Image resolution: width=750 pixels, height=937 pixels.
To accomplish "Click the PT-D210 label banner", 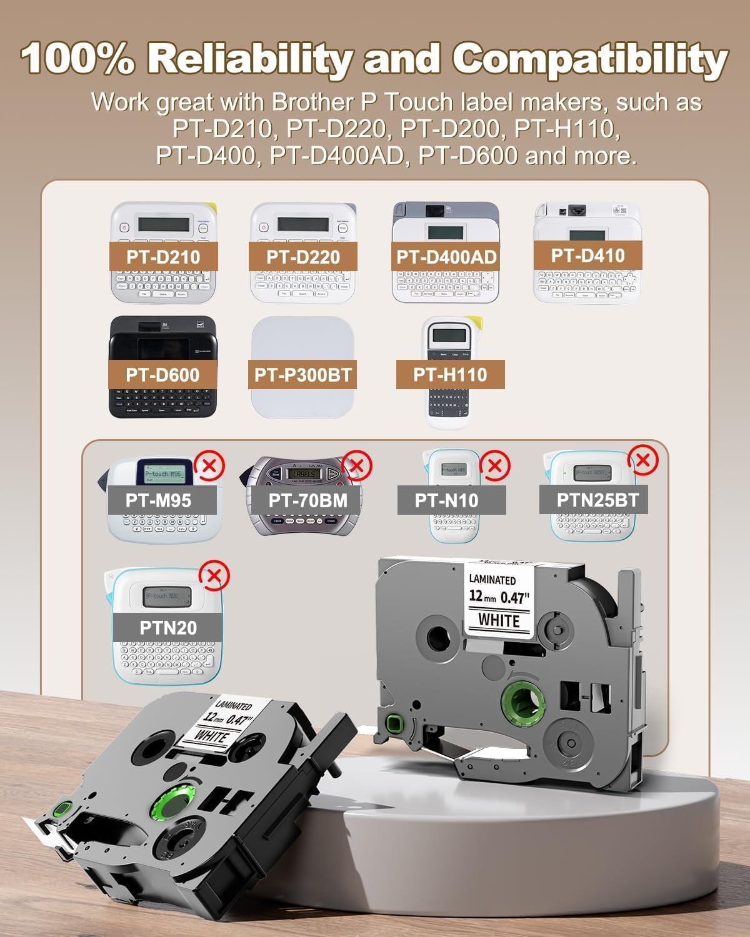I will tap(163, 257).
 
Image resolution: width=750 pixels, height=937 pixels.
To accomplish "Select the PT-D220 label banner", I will tap(303, 257).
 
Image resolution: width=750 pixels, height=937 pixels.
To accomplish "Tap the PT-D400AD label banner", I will tap(446, 257).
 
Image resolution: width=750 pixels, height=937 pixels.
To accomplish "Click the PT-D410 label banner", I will tap(587, 255).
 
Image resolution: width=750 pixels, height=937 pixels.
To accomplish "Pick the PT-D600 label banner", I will tap(162, 375).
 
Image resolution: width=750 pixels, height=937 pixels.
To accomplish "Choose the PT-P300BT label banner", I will tap(303, 375).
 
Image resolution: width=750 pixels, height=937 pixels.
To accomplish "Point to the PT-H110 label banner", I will tap(450, 375).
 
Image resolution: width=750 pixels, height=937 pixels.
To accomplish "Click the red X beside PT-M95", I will tap(210, 465).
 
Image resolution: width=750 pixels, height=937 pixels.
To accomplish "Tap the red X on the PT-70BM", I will tap(357, 465).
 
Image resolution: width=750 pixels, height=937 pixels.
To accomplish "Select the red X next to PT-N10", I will tap(494, 466).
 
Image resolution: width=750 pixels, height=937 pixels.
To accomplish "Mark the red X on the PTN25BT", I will tap(643, 460).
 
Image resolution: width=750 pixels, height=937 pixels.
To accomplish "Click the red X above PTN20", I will tap(214, 575).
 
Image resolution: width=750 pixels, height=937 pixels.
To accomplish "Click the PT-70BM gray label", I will tap(307, 500).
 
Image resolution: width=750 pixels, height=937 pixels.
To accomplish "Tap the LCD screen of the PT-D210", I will tap(164, 224).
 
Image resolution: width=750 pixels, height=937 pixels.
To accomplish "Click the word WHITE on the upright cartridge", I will tap(499, 620).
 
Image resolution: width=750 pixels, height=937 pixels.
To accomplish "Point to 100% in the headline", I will tap(77, 60).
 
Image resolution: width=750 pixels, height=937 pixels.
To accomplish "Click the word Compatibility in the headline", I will tap(590, 60).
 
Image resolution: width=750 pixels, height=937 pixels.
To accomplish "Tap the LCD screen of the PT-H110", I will tap(451, 337).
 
